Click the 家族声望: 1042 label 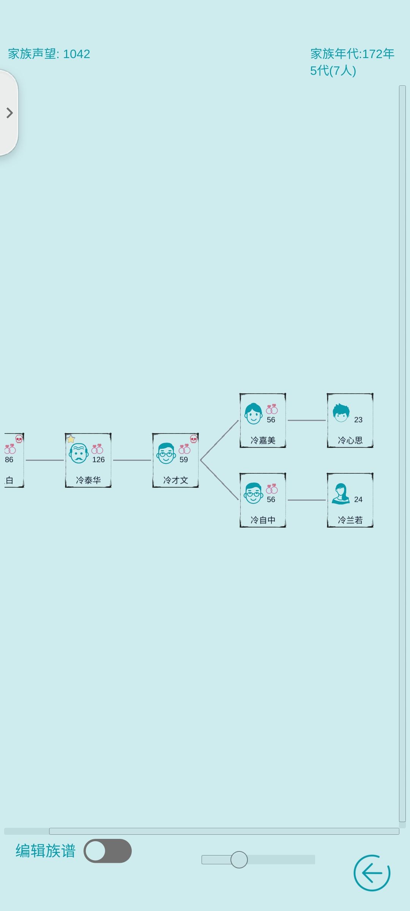[x=49, y=54]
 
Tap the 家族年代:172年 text [x=352, y=54]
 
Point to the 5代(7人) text [x=333, y=71]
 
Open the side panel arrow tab [x=9, y=113]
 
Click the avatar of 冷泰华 [x=79, y=453]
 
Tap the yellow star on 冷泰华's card [x=71, y=439]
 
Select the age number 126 [x=98, y=460]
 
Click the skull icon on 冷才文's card [x=194, y=439]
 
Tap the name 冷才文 [x=176, y=480]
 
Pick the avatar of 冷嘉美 [x=253, y=414]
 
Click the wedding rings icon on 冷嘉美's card [x=272, y=409]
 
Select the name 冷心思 [x=350, y=440]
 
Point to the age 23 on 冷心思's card [x=358, y=420]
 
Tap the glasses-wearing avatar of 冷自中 [x=253, y=493]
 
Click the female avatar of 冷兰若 [x=341, y=493]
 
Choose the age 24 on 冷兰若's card [x=358, y=500]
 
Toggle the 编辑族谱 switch [x=107, y=851]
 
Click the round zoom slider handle [x=239, y=859]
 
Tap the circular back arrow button [x=372, y=873]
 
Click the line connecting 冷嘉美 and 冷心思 [x=307, y=420]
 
